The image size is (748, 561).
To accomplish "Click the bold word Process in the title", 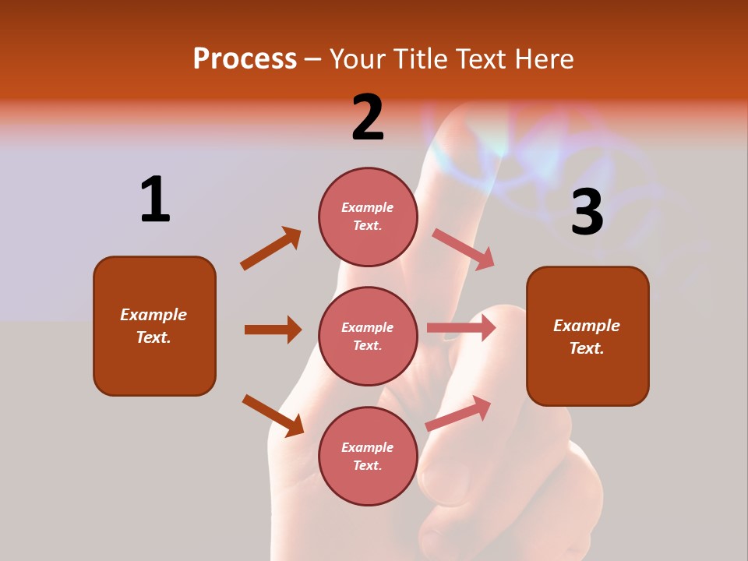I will [x=245, y=59].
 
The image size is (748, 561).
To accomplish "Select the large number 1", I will [x=155, y=199].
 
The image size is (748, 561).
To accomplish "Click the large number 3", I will [x=587, y=213].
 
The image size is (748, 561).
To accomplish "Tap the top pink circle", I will [x=368, y=217].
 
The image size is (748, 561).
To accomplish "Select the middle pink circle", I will [x=368, y=336].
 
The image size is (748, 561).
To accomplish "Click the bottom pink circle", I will [x=368, y=456].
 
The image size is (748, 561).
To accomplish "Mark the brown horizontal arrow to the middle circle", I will [x=273, y=330].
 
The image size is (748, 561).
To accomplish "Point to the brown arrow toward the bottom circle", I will [x=273, y=415].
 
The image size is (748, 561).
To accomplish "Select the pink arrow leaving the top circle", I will [x=464, y=249].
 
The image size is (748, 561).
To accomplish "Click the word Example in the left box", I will [x=153, y=315].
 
